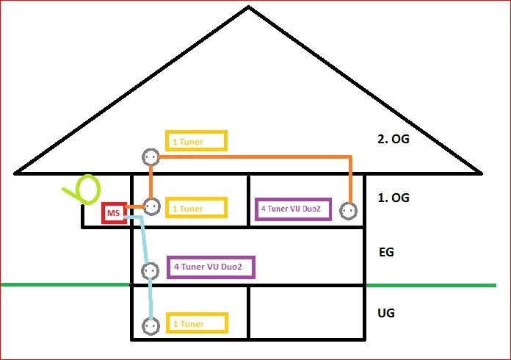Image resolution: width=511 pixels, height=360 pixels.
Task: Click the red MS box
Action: pos(114,213)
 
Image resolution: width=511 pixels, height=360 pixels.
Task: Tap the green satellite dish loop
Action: pos(87,190)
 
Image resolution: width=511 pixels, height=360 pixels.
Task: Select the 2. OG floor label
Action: pos(394,139)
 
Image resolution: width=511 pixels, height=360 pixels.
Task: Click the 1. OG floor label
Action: pos(394,198)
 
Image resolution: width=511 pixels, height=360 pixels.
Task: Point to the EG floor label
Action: pos(386,252)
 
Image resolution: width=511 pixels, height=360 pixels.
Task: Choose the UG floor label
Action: pos(386,313)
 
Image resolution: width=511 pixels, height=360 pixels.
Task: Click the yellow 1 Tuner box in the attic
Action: pos(196,141)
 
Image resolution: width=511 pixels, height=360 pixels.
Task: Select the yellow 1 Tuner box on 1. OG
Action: pos(196,208)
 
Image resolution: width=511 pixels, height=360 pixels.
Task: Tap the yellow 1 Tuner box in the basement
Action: pos(197,323)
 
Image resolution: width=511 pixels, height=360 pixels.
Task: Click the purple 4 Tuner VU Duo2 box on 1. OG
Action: pos(293,209)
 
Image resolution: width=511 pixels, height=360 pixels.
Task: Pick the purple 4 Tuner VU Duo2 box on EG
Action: pos(211,267)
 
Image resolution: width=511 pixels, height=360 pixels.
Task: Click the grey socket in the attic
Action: pos(151,157)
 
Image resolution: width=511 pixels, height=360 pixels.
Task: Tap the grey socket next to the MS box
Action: pos(152,206)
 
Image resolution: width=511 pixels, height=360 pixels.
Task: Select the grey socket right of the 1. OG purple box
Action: pos(349,211)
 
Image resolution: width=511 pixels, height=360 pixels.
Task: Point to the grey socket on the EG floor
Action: pos(150,270)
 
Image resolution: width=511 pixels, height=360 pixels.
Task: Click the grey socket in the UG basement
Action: pos(151,325)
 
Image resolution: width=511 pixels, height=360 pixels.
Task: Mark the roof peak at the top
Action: pos(248,7)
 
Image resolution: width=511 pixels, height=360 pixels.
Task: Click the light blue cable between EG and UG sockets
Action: pos(151,298)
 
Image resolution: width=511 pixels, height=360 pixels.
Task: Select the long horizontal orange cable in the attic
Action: pos(255,157)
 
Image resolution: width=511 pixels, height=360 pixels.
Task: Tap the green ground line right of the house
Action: pos(431,285)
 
